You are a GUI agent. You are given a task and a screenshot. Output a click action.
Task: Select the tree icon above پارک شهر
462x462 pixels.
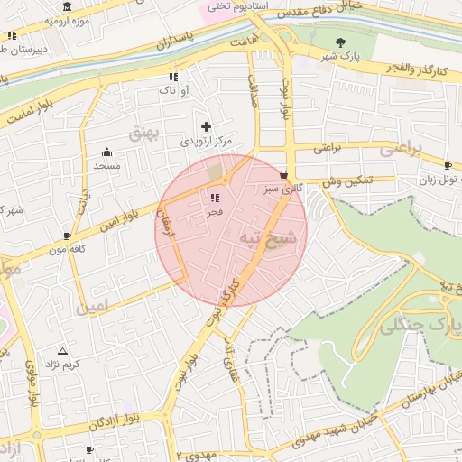click(340, 42)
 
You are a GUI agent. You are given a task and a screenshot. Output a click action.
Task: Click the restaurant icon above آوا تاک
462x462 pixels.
click(172, 77)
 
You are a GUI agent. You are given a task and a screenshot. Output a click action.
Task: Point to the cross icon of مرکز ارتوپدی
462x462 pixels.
click(207, 126)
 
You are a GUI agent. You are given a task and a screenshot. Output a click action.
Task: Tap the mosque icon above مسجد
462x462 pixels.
click(106, 152)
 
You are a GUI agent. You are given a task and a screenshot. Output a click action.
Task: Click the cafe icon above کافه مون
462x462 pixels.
click(67, 236)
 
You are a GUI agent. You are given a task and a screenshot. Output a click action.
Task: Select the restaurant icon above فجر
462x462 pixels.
click(214, 198)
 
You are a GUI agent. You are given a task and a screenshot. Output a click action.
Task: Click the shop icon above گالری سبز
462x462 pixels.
click(284, 174)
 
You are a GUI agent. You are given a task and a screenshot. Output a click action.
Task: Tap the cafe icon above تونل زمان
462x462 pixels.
click(448, 165)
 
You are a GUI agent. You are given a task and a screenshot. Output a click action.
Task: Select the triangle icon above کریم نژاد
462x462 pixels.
click(62, 350)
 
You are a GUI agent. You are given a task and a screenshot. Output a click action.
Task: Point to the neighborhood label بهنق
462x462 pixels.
click(144, 134)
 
